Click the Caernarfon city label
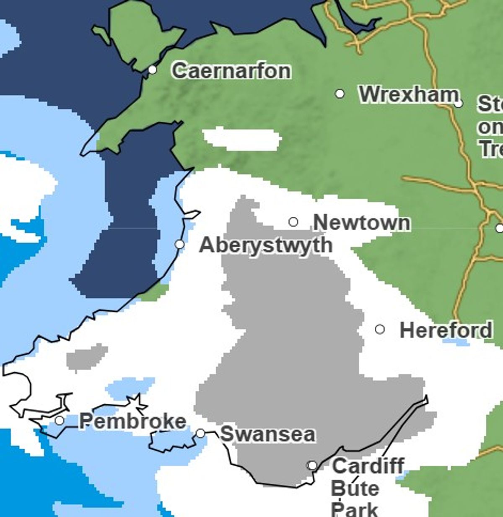click(x=231, y=70)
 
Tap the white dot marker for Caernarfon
click(x=153, y=70)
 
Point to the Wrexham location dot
click(x=340, y=94)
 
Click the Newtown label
click(x=362, y=222)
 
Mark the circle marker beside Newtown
click(x=293, y=222)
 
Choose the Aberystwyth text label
click(x=266, y=245)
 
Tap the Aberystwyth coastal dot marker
click(x=179, y=244)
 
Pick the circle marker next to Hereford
click(x=380, y=329)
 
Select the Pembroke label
click(x=132, y=421)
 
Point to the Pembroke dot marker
click(x=60, y=420)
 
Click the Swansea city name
click(x=267, y=434)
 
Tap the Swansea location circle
click(x=201, y=433)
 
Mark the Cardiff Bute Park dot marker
click(x=312, y=465)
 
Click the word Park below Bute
click(x=355, y=509)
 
